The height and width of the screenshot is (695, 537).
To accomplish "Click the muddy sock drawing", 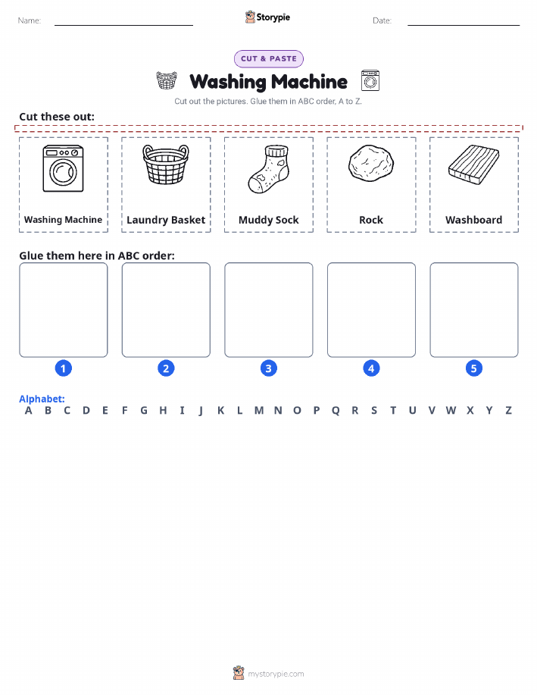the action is pyautogui.click(x=268, y=169).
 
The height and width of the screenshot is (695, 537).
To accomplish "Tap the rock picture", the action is pyautogui.click(x=371, y=164).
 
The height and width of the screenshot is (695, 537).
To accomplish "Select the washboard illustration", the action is pyautogui.click(x=473, y=164).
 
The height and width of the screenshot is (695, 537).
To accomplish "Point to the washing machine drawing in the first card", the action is pyautogui.click(x=63, y=168).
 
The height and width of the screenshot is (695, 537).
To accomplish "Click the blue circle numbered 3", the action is pyautogui.click(x=268, y=368).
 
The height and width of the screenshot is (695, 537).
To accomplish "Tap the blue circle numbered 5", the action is pyautogui.click(x=473, y=368).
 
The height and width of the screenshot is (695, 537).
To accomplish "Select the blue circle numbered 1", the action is pyautogui.click(x=64, y=368).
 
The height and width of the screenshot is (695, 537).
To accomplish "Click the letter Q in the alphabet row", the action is pyautogui.click(x=336, y=411).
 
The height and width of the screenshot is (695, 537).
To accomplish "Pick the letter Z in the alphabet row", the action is pyautogui.click(x=509, y=411).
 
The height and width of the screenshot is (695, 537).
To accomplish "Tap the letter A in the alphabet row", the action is pyautogui.click(x=28, y=411).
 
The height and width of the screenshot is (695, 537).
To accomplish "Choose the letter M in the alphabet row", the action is pyautogui.click(x=259, y=411).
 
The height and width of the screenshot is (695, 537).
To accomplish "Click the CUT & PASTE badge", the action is pyautogui.click(x=268, y=59).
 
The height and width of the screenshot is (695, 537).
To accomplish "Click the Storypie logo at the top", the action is pyautogui.click(x=267, y=17).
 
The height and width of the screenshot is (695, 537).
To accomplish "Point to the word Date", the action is pyautogui.click(x=382, y=20).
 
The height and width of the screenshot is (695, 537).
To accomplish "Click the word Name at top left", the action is pyautogui.click(x=30, y=20).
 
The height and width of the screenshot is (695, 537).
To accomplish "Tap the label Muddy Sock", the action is pyautogui.click(x=268, y=220).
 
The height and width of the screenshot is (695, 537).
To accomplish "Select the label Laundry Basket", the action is pyautogui.click(x=166, y=221).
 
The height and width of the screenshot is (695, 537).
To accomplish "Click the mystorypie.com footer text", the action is pyautogui.click(x=276, y=674).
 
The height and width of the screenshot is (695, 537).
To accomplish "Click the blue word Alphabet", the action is pyautogui.click(x=42, y=399).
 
